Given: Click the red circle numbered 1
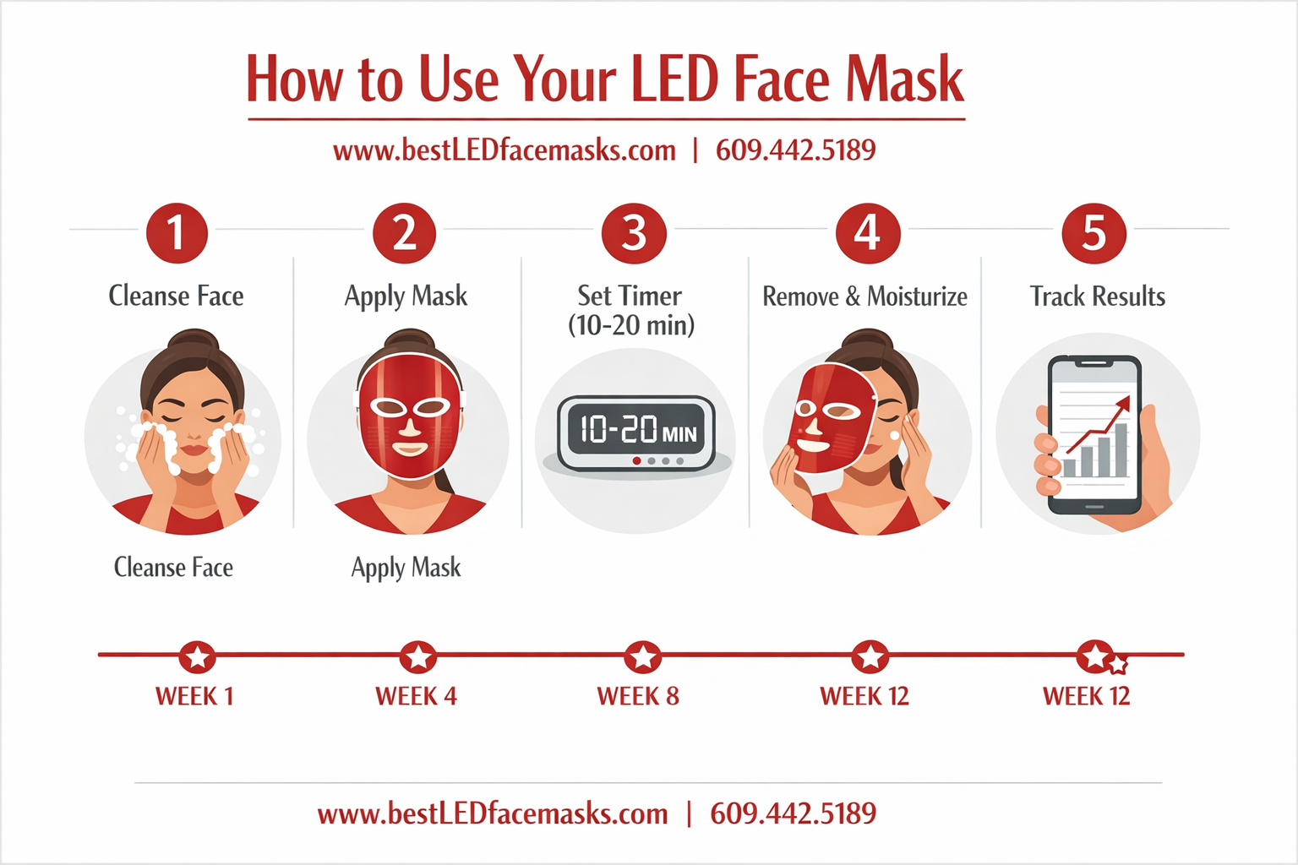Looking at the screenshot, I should coord(177,232).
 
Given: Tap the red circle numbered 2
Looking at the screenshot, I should coord(404,232).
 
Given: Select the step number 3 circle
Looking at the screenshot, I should coord(634,232).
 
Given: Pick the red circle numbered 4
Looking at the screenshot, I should coord(867,232).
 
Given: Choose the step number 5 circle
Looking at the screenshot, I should coord(1093,232).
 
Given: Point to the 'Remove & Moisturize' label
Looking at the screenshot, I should coord(864,296).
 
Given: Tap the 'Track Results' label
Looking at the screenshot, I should coord(1097,296).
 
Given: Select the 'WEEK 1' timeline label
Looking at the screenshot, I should coord(194,696).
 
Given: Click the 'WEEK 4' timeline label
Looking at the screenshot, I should coord(416,696).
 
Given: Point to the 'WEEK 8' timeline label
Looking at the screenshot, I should coord(638,696).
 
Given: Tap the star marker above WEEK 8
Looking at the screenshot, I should coord(642,656).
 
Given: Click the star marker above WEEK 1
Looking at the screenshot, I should coord(197,656).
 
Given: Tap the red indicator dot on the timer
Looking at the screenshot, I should coord(636,461).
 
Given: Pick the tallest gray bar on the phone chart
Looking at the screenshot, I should coord(1121,449).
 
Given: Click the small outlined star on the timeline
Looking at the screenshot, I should coord(1118,665).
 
